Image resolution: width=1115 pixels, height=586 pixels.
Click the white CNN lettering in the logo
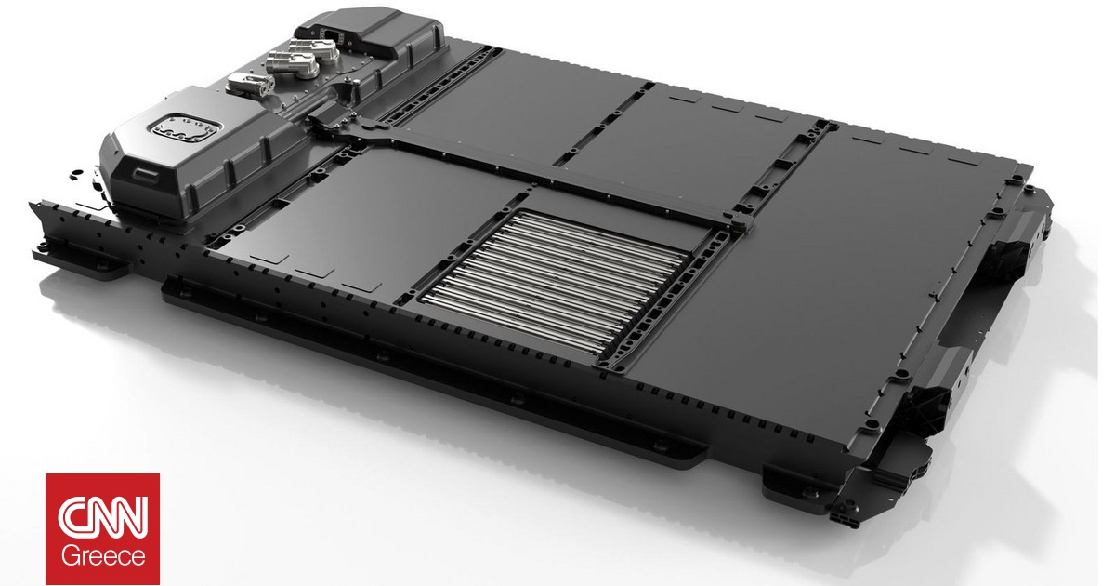click(102, 515)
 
